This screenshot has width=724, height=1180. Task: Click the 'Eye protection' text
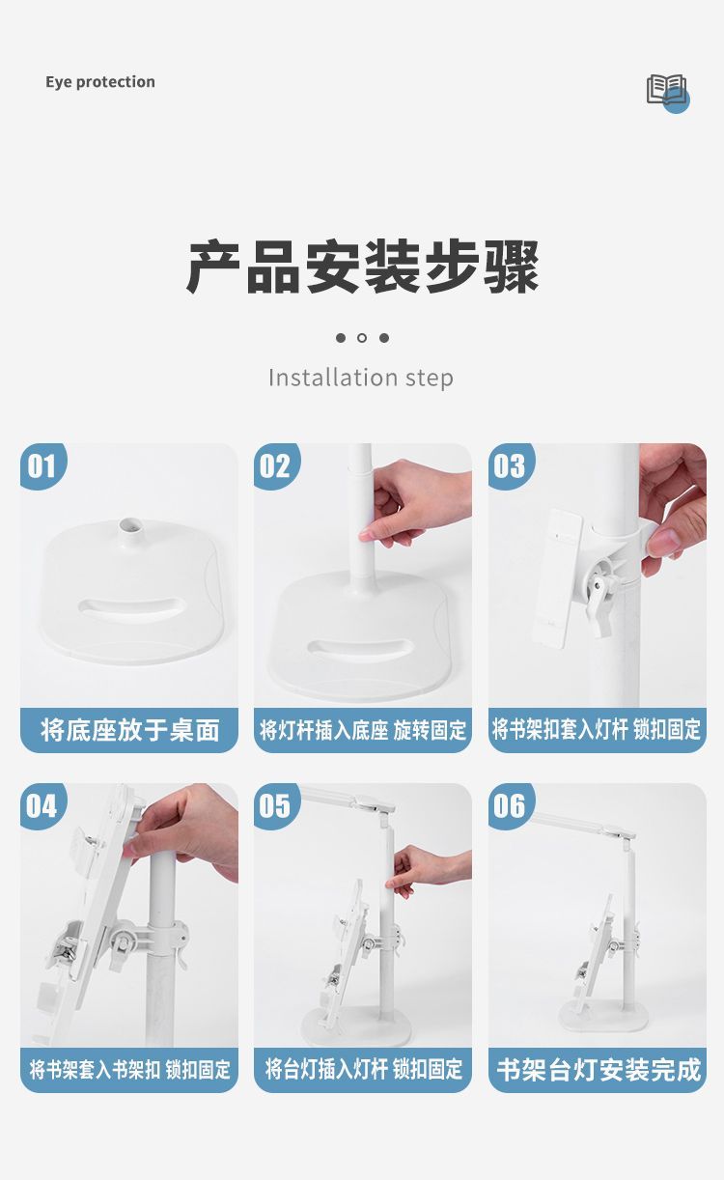tap(100, 82)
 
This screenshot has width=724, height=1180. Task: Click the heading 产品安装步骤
tap(363, 267)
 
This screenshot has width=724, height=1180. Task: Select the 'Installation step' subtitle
tap(361, 378)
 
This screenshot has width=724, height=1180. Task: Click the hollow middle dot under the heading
tap(362, 338)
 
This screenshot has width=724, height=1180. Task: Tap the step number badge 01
tap(42, 465)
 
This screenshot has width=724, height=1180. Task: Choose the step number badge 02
tap(275, 465)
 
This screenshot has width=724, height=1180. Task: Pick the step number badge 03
tap(510, 465)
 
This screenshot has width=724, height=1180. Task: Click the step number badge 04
tap(42, 805)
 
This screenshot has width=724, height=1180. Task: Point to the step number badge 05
tap(275, 805)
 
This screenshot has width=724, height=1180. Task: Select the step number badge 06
tap(510, 805)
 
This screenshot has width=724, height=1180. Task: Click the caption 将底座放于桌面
tap(129, 730)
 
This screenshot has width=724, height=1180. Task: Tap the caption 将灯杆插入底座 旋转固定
tap(363, 730)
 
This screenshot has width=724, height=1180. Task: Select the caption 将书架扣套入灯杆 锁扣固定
tap(597, 730)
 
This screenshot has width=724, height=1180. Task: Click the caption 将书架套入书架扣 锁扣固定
tap(129, 1070)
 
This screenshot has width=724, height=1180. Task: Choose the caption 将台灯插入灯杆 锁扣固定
tap(363, 1070)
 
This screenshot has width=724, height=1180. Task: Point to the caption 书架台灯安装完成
tap(599, 1070)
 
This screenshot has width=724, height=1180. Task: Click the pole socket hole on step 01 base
tap(129, 524)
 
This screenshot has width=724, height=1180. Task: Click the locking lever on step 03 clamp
tap(600, 605)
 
